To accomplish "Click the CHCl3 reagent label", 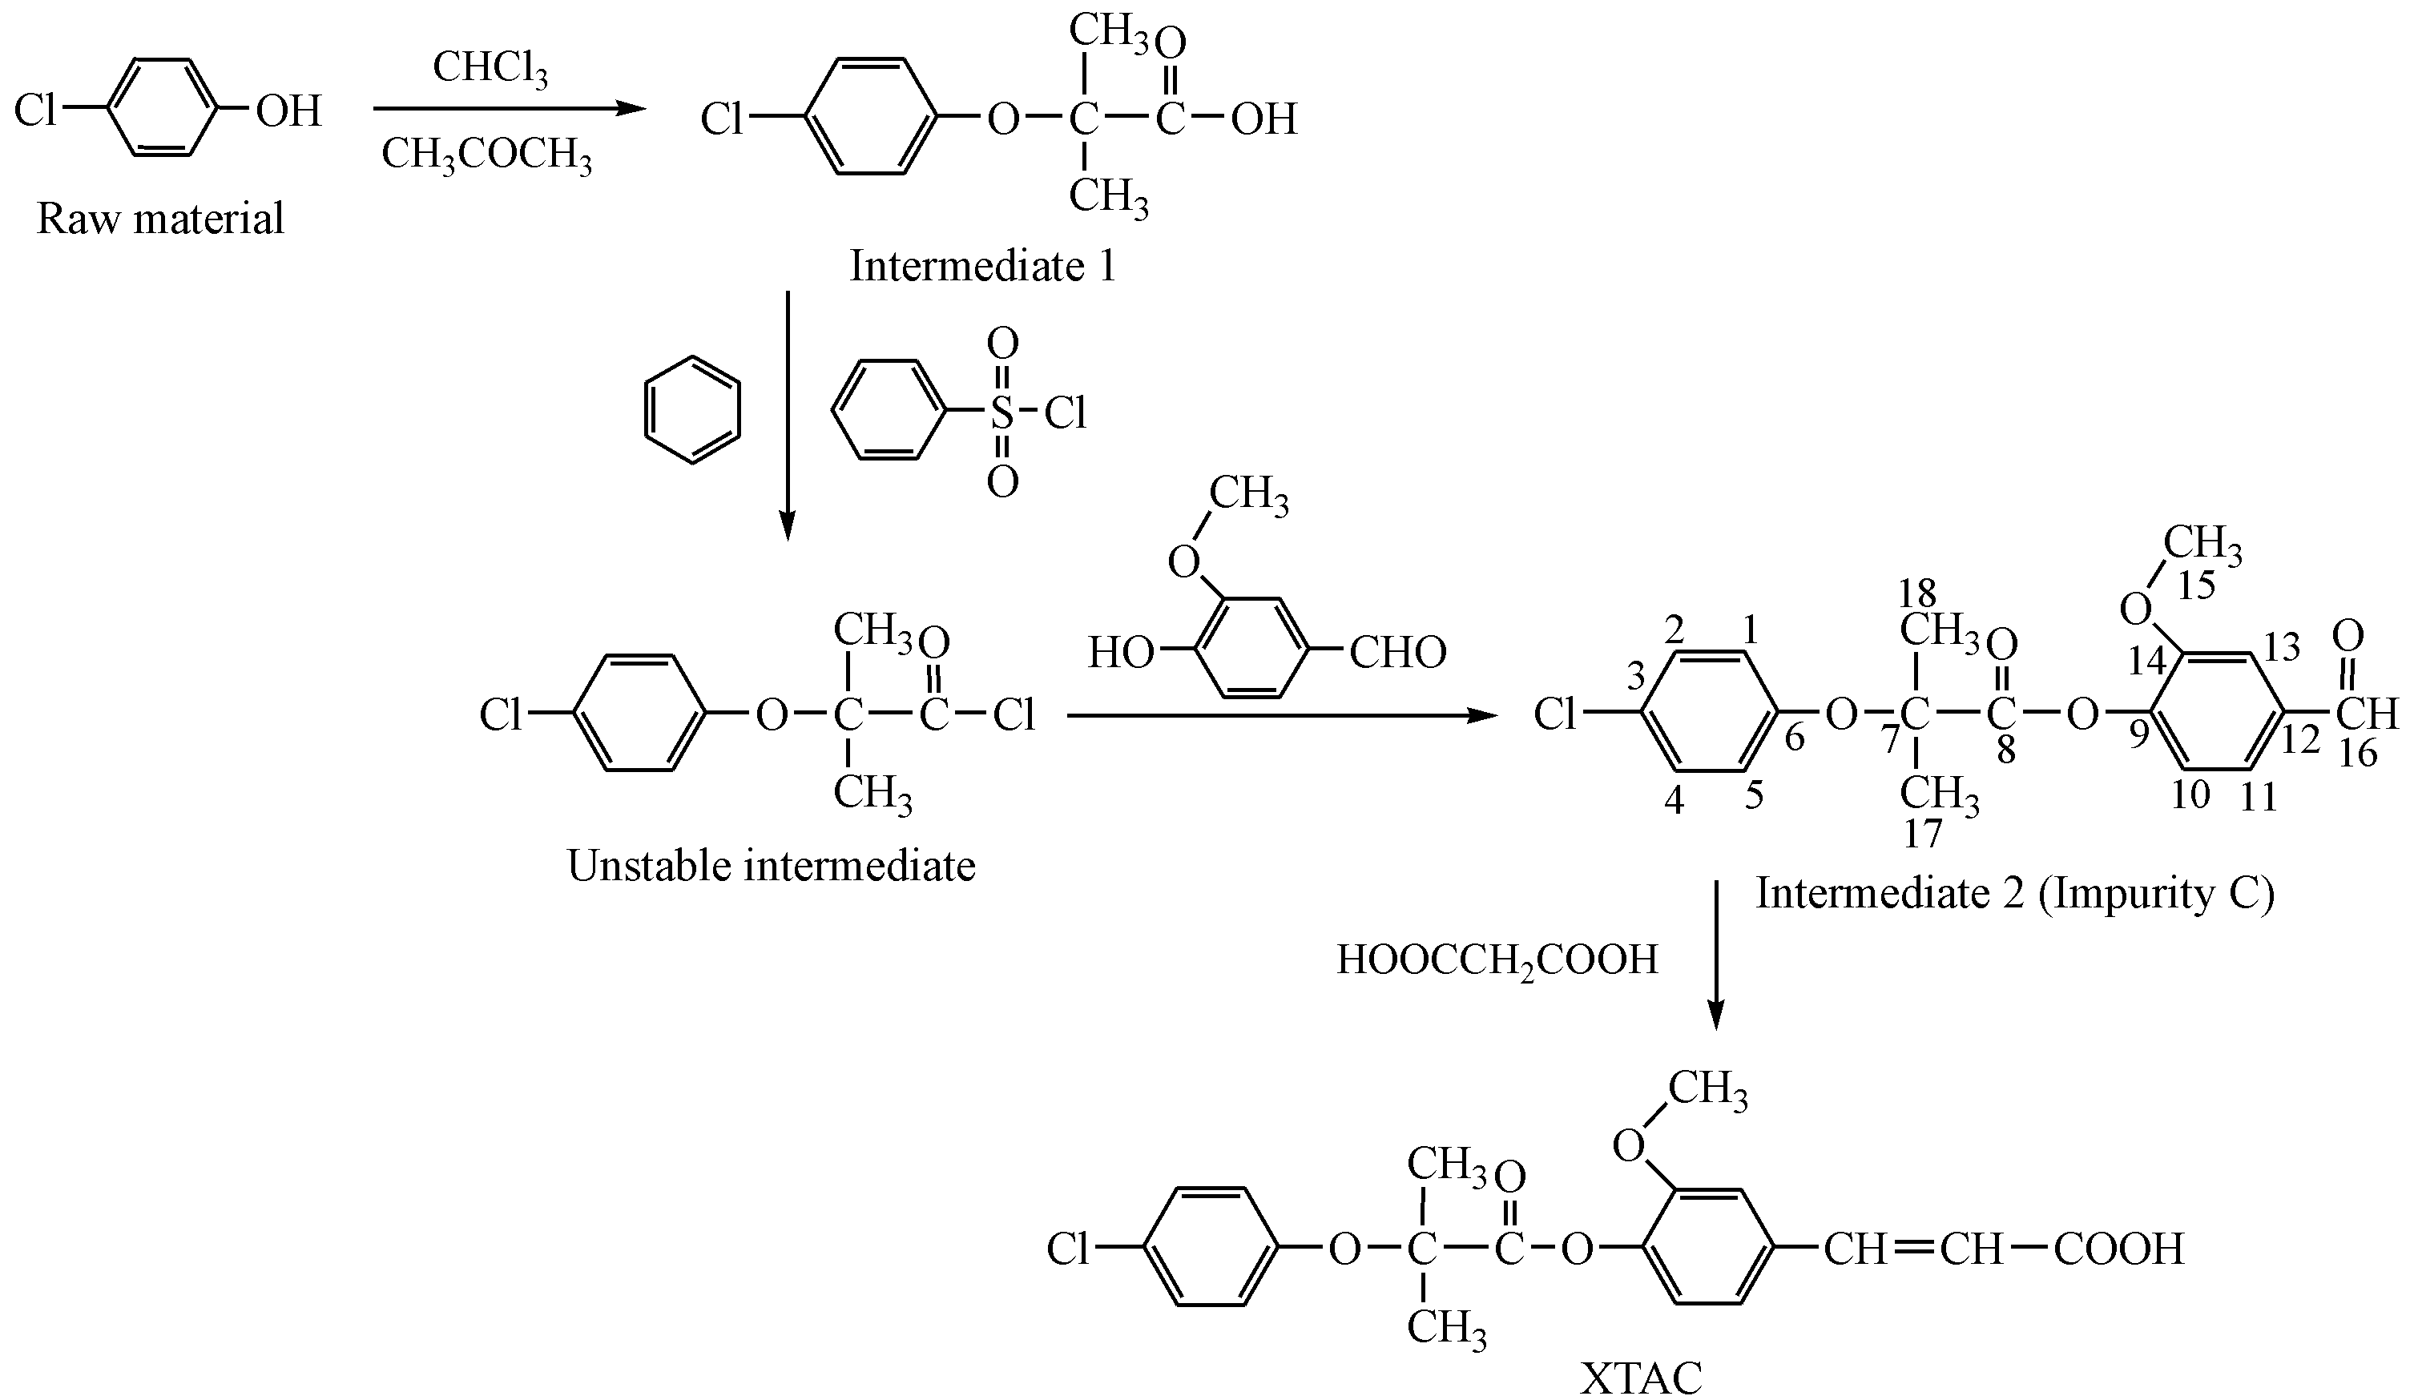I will [x=490, y=69].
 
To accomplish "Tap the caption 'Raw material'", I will [x=160, y=219].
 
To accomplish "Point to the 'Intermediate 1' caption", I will [x=983, y=265].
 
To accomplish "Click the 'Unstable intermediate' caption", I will [x=771, y=866].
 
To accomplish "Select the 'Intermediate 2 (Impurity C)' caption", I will [x=2014, y=894].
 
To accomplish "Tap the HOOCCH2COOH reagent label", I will [x=1497, y=959].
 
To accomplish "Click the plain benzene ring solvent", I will [x=691, y=411].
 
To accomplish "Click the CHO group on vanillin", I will [x=1397, y=653].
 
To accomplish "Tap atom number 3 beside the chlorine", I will [x=1636, y=677].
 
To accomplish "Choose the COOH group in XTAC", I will [x=2119, y=1249].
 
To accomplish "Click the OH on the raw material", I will [x=288, y=111].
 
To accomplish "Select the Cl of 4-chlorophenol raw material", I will [x=35, y=111].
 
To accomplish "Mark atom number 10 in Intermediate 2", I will [x=2190, y=794].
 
